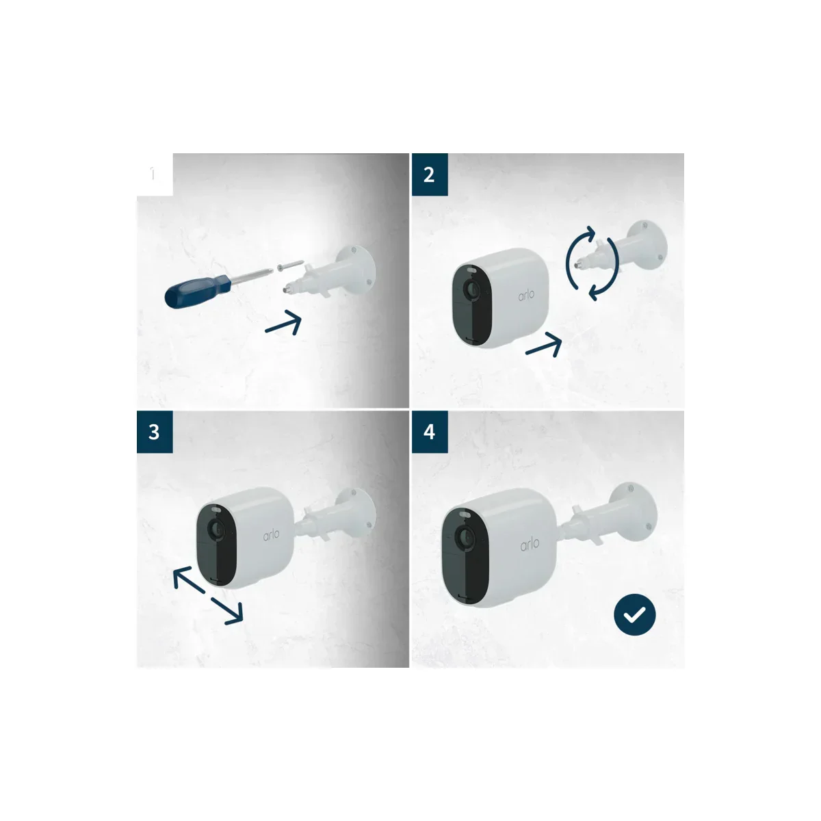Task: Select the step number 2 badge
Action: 429,174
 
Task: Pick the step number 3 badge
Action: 155,432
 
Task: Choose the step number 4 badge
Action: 429,432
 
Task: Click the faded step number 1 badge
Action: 154,174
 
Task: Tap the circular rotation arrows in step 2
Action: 592,263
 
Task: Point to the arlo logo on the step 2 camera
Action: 526,296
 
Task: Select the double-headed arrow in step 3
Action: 207,595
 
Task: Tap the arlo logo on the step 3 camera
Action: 271,535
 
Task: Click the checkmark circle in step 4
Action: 634,615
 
